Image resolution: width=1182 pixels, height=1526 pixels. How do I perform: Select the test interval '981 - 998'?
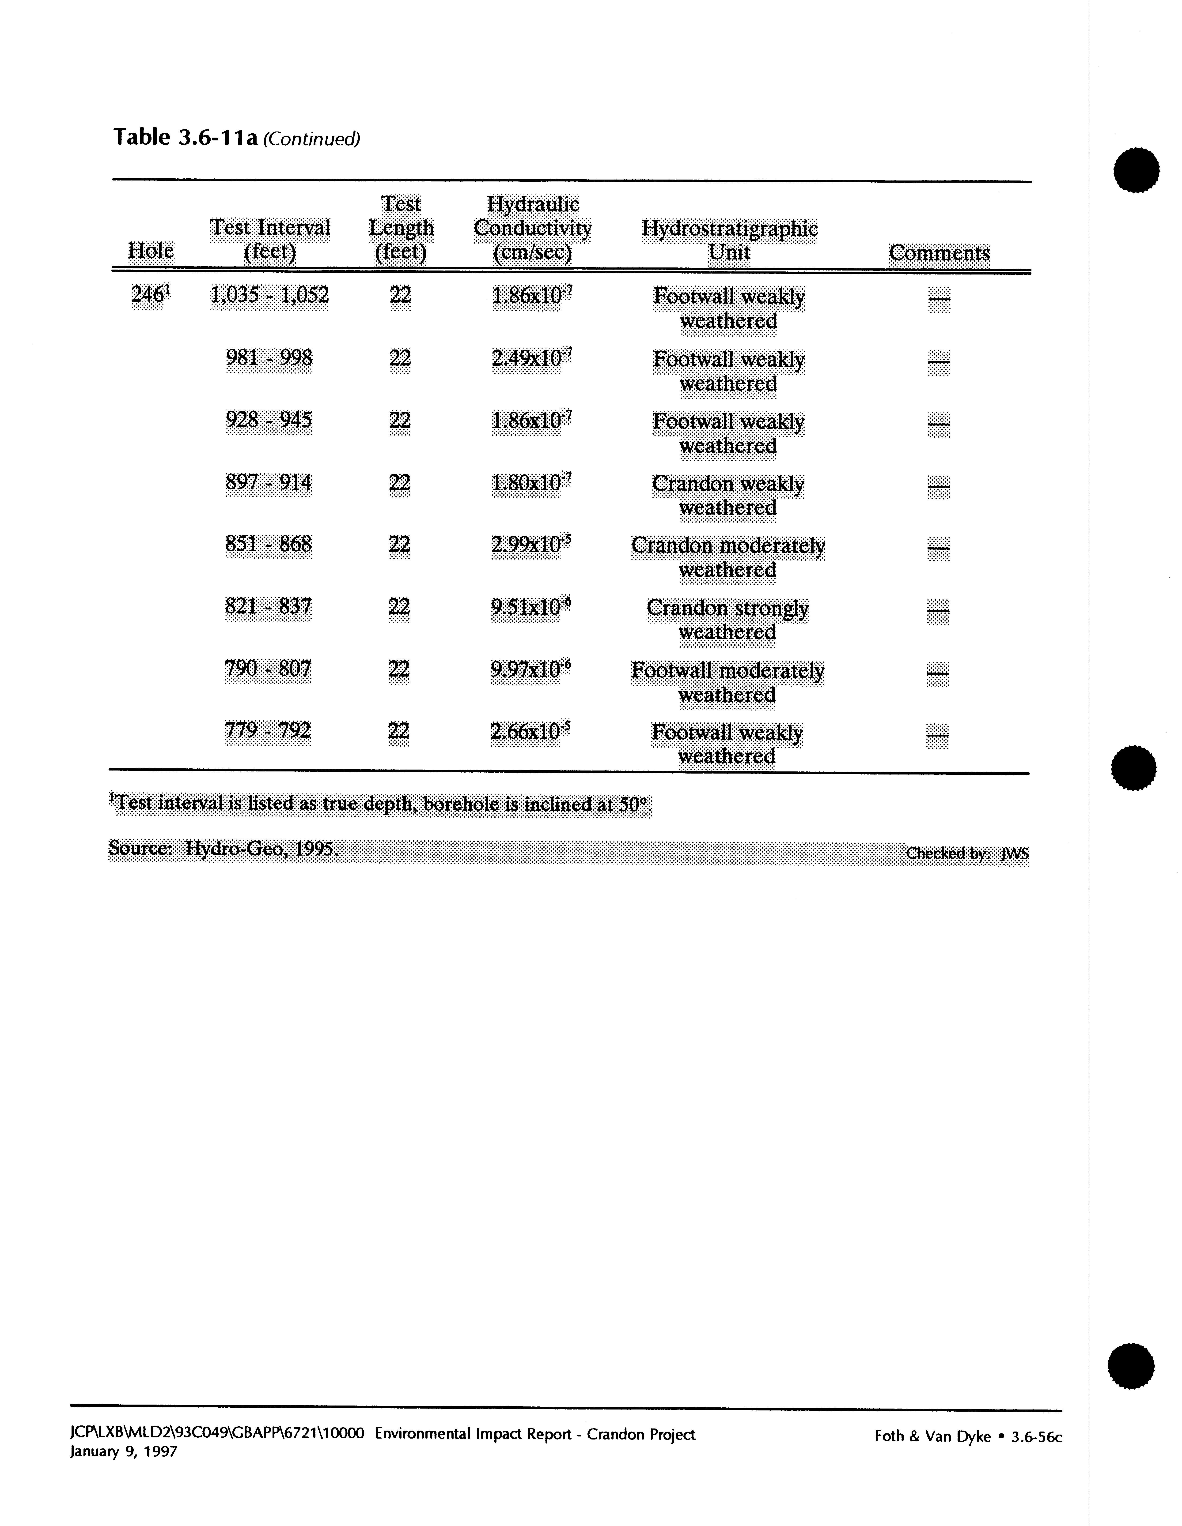269,358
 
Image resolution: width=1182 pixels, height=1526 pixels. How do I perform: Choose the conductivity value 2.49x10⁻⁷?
531,358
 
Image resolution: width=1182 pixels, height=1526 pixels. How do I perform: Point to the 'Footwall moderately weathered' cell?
728,682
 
